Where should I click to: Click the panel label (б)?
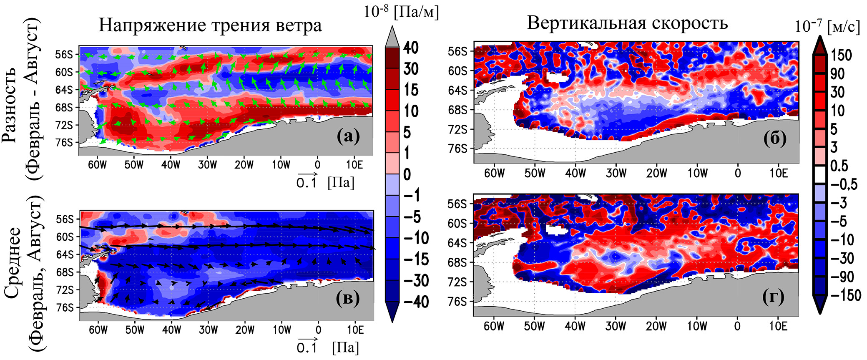(775, 138)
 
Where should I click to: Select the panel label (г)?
(773, 297)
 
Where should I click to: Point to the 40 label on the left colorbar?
(411, 48)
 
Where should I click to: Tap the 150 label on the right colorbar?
(841, 55)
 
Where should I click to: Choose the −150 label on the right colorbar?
(845, 295)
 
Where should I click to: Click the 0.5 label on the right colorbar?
(839, 166)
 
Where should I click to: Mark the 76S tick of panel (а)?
(64, 143)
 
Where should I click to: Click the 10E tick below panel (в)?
(355, 330)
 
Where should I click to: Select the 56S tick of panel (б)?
(457, 51)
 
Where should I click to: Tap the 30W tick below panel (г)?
(616, 326)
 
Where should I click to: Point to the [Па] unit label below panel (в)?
(346, 347)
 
